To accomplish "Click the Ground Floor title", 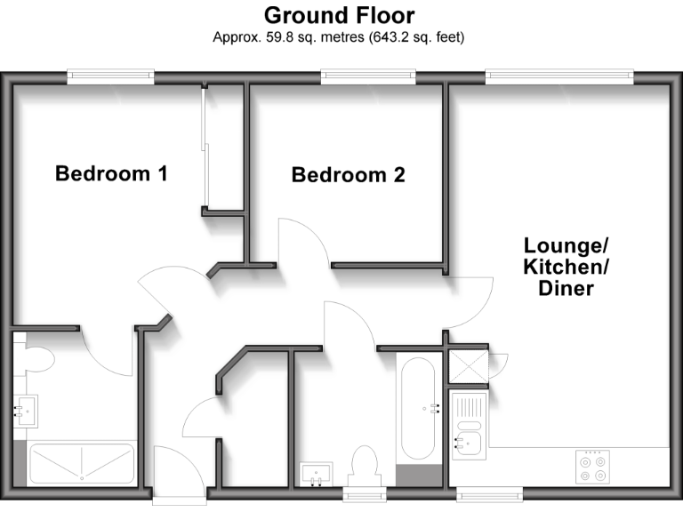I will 339,15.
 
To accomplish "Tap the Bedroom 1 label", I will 111,173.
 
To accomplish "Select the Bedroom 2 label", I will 348,175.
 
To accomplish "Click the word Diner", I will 566,289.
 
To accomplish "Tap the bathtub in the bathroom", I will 416,411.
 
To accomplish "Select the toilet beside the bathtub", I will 365,464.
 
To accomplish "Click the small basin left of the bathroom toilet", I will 317,474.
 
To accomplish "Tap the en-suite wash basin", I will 24,411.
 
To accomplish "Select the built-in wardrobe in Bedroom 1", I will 223,147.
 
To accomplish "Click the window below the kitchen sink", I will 490,491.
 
